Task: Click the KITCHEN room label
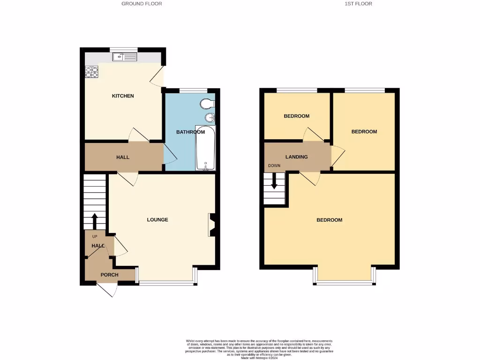pos(123,96)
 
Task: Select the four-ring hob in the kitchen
pos(92,72)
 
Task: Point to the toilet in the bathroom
pos(206,103)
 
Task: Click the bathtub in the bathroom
pos(205,149)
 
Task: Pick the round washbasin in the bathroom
pos(209,117)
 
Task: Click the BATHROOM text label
pos(190,132)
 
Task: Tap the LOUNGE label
pos(157,220)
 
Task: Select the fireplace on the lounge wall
pos(211,225)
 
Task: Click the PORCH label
pos(110,275)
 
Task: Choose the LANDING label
pos(297,157)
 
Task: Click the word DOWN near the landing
pos(274,166)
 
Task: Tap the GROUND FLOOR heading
pos(142,4)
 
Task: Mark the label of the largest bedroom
pos(329,220)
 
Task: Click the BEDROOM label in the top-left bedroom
pos(297,116)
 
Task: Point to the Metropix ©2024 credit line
pos(259,358)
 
